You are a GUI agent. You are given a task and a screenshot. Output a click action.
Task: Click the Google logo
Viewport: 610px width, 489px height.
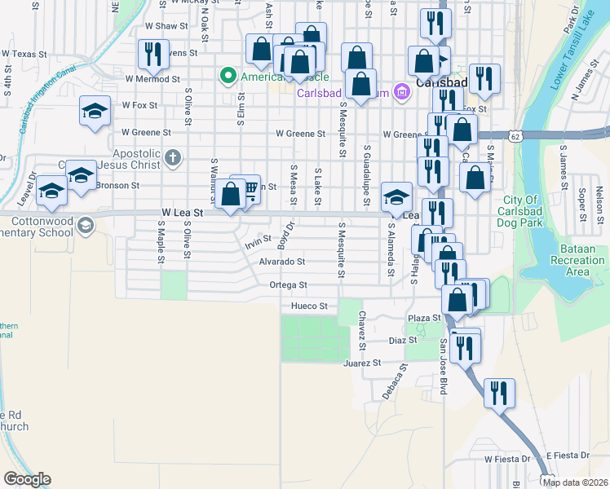27,479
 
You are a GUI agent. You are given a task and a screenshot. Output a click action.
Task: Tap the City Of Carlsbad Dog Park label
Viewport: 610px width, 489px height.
519,209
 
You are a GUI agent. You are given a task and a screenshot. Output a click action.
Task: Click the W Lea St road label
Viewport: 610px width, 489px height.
180,212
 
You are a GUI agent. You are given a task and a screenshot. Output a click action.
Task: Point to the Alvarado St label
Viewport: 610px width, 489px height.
281,262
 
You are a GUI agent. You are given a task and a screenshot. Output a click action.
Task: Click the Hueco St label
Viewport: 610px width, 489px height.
309,306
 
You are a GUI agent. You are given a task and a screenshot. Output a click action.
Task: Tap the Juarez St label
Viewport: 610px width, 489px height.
362,363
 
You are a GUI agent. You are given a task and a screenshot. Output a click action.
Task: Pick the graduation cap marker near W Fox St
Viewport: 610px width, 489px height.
95,111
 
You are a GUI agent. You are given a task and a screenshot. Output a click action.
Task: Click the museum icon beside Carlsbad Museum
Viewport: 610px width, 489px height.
400,92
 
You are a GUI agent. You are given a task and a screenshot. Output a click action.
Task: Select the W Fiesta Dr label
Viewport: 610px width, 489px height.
506,459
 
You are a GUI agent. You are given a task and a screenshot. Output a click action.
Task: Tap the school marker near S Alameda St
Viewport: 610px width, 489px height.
396,196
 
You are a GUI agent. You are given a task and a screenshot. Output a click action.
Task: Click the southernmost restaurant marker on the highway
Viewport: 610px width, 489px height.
498,393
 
